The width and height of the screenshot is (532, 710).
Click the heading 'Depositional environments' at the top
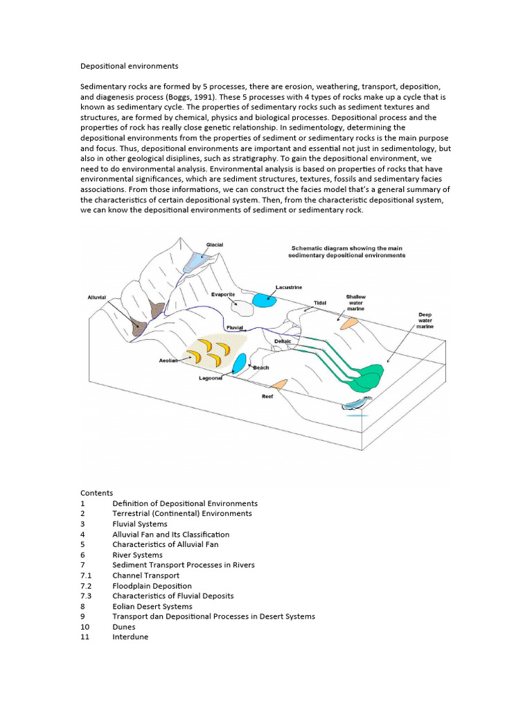click(x=130, y=67)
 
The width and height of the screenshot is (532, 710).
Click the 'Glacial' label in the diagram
click(x=215, y=245)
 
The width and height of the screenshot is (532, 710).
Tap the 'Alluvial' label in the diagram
click(x=96, y=297)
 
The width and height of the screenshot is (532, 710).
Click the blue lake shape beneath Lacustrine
click(x=263, y=300)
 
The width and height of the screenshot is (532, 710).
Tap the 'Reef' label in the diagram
click(x=267, y=397)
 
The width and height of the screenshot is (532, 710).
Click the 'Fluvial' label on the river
click(x=235, y=327)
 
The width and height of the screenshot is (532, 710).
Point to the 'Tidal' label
click(x=320, y=303)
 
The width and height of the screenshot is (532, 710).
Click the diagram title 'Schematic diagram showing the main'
click(x=346, y=248)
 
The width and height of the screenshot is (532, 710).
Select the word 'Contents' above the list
click(x=96, y=493)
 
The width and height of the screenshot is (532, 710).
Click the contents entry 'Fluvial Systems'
click(x=139, y=524)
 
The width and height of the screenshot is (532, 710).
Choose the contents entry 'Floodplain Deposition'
click(x=152, y=586)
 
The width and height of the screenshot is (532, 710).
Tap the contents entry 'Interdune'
click(x=130, y=637)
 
